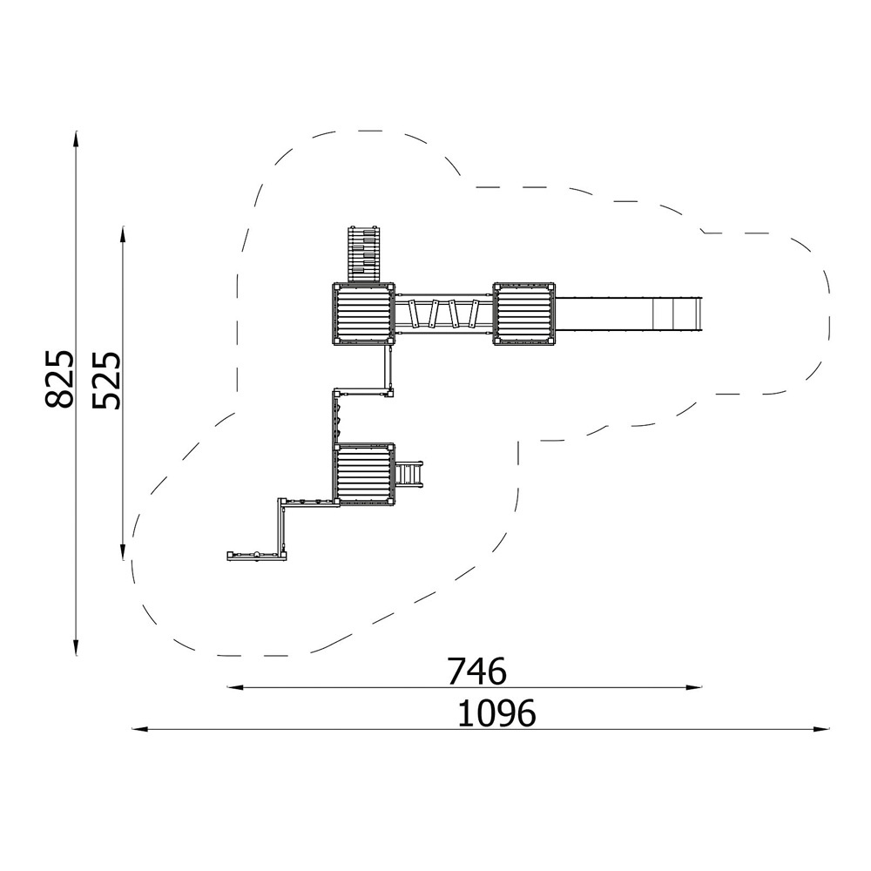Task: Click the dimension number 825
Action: click(x=59, y=380)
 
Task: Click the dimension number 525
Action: click(x=106, y=380)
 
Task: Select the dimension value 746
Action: click(x=477, y=671)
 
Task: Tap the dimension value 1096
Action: click(x=496, y=713)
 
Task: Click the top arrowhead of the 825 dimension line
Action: click(x=76, y=138)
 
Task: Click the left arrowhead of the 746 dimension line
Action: click(x=235, y=688)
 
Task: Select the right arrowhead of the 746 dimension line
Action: click(x=694, y=688)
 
